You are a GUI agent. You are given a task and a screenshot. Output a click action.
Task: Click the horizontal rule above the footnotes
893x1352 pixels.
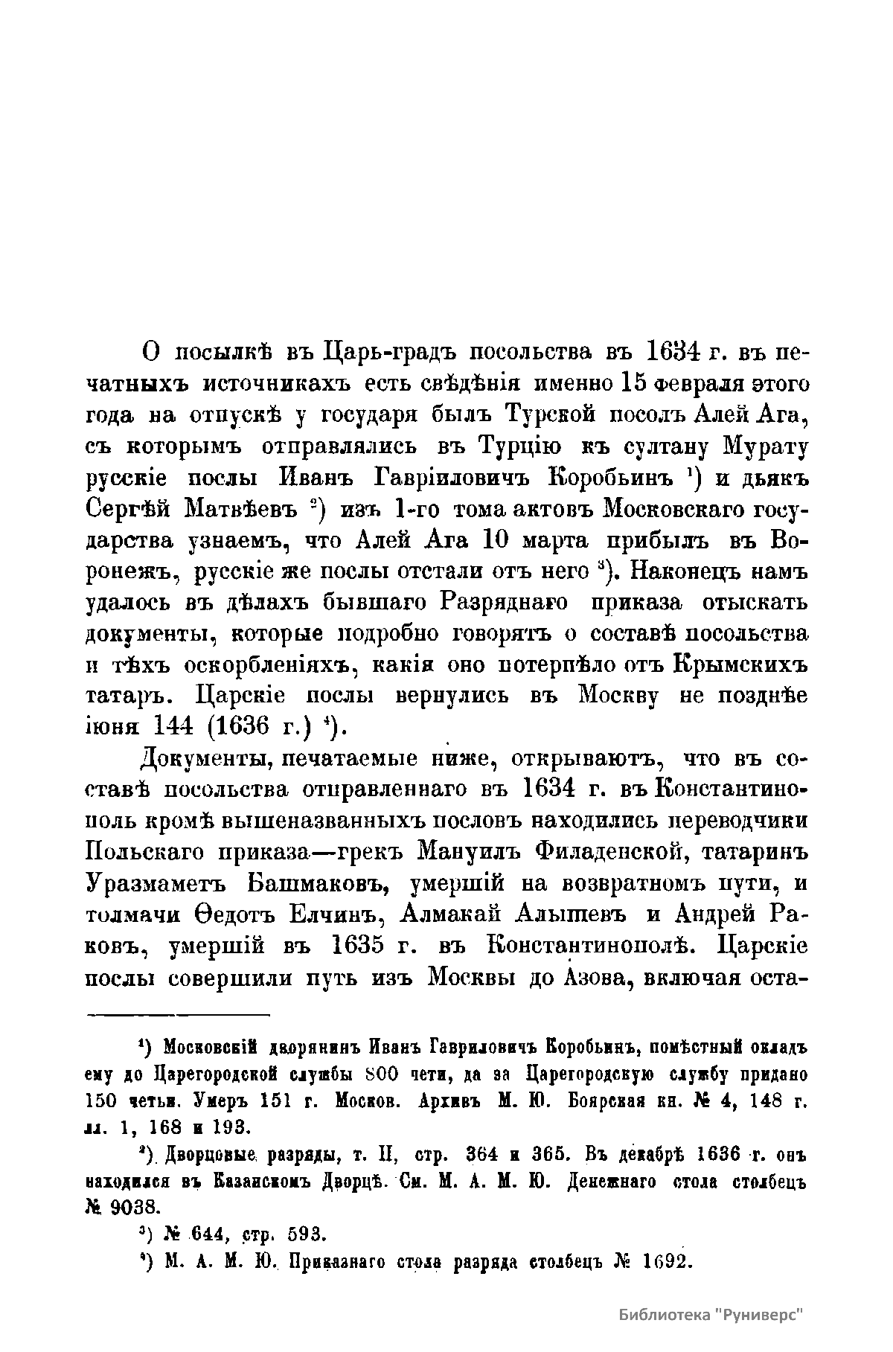[179, 1013]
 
